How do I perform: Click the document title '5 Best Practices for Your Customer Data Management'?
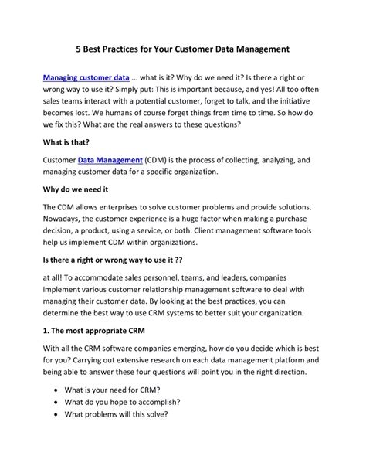pyautogui.click(x=182, y=49)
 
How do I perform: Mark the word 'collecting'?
pyautogui.click(x=252, y=160)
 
